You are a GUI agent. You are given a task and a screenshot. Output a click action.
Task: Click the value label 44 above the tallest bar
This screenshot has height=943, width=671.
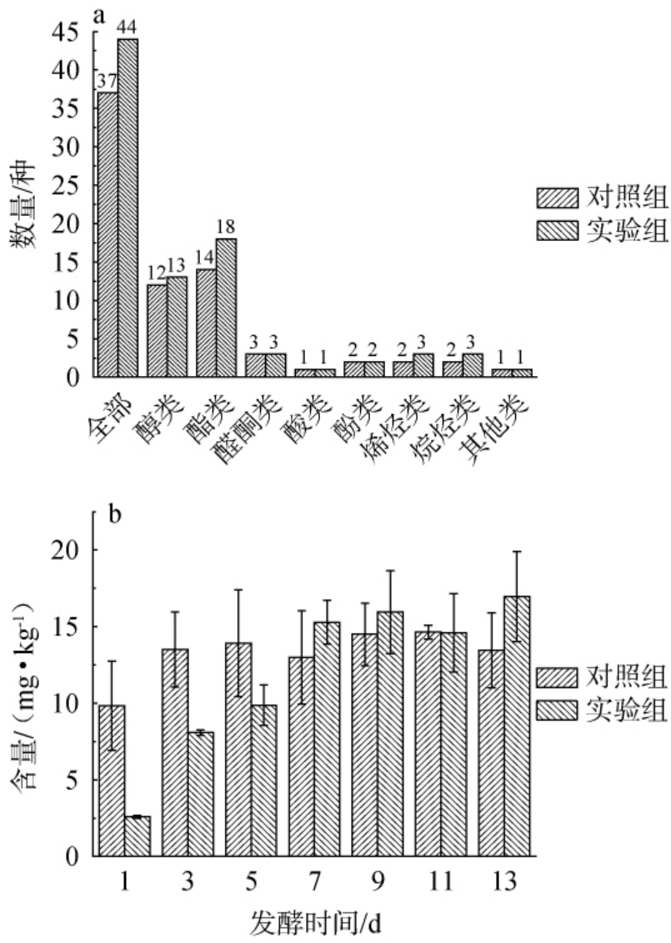click(128, 27)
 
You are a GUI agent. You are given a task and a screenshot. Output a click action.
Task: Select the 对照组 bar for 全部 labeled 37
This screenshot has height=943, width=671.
click(108, 233)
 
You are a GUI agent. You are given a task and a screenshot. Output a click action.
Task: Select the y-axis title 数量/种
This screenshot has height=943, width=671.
click(31, 203)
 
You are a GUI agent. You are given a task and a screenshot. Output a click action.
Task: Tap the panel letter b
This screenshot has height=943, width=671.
click(115, 510)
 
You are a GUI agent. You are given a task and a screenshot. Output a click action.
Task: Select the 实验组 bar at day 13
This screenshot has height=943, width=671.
click(517, 725)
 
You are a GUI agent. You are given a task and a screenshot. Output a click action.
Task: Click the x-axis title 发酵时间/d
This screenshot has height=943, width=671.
click(317, 922)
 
